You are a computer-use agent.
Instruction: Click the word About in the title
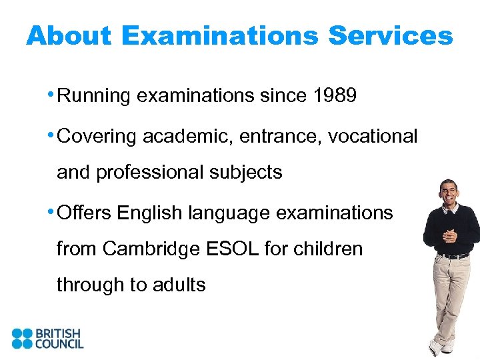click(x=69, y=36)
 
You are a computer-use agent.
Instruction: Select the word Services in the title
click(x=391, y=36)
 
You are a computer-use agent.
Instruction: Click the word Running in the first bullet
click(x=94, y=97)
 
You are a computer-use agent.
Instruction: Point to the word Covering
click(x=97, y=137)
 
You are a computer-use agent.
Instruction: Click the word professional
click(x=151, y=172)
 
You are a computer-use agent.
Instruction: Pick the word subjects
click(x=247, y=172)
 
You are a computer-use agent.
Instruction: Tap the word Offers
click(x=85, y=213)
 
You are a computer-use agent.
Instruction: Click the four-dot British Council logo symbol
click(x=22, y=339)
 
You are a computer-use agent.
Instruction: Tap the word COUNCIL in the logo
click(x=60, y=344)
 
